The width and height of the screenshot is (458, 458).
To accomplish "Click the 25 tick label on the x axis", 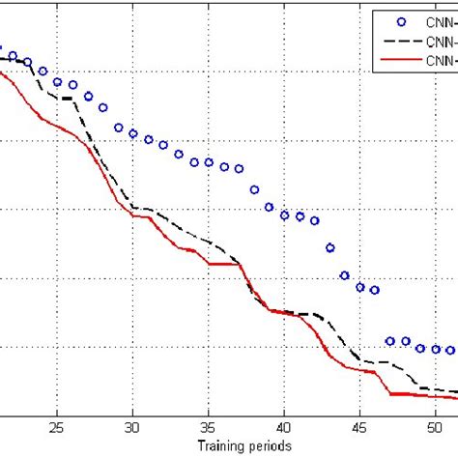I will [57, 426].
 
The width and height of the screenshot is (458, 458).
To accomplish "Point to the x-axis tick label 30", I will [132, 426].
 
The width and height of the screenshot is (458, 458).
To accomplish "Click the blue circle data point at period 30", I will [133, 134].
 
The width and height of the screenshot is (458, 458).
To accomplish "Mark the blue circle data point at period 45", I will [359, 287].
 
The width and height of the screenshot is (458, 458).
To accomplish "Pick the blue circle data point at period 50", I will [436, 349].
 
